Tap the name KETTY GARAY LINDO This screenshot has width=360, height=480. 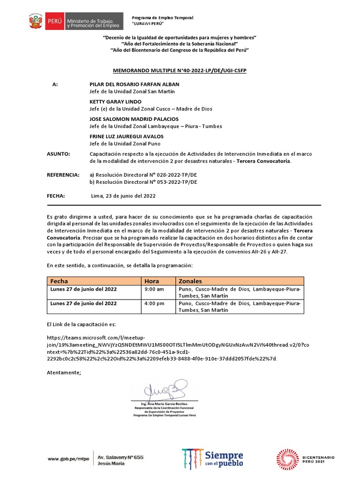(x=115, y=102)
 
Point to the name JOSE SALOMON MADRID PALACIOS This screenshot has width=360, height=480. (x=134, y=119)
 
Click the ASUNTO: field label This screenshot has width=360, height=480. (x=59, y=154)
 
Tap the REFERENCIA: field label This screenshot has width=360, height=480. (x=63, y=174)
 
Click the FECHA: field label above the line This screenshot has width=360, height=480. (x=56, y=196)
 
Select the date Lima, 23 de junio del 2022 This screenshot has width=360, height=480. (x=123, y=196)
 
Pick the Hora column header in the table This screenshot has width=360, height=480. (x=152, y=281)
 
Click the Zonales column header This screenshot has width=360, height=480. (x=190, y=281)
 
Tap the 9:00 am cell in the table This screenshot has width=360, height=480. (x=154, y=290)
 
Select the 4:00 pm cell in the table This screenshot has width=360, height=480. (x=154, y=304)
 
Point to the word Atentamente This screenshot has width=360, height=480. (x=64, y=372)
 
